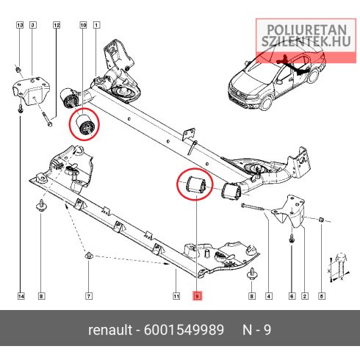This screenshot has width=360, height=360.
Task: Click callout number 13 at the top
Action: coord(20,25)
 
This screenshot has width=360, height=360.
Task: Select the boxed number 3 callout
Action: coord(33,25)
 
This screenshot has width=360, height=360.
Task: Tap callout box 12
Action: coord(57,25)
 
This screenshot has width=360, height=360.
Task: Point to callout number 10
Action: coord(84,25)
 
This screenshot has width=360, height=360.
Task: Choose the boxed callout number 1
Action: coord(96,25)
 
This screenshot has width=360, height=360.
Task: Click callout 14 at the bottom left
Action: coord(21,296)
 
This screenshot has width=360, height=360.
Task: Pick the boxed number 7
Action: coord(89,296)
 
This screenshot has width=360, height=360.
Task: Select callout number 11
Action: coord(176,296)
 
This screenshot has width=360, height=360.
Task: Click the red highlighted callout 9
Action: coord(197,296)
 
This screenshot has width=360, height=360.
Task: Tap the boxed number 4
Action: coord(269,296)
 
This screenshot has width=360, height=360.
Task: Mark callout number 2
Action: coord(305,296)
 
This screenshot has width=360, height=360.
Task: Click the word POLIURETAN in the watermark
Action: coord(306,30)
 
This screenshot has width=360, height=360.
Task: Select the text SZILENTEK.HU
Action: coord(306,41)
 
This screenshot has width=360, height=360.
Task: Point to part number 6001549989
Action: coord(184,330)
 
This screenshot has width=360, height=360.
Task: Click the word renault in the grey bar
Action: coord(110,330)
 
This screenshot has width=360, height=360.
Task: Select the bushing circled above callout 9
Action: coord(196,184)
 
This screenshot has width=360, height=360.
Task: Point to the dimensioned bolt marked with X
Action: coord(340,267)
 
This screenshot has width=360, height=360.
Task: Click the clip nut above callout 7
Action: coord(89,256)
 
